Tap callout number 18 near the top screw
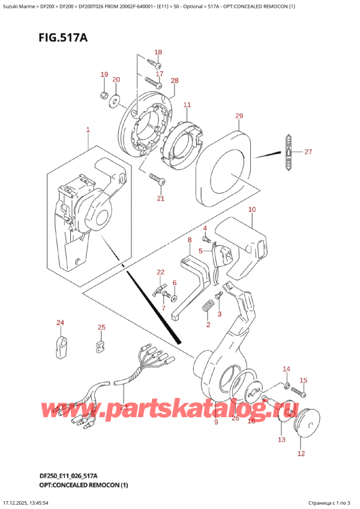tap(158, 52)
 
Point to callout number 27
tap(308, 152)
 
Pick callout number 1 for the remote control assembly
tap(88, 130)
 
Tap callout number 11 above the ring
tap(187, 105)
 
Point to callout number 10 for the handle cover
tap(251, 209)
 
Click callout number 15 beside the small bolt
tap(303, 381)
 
